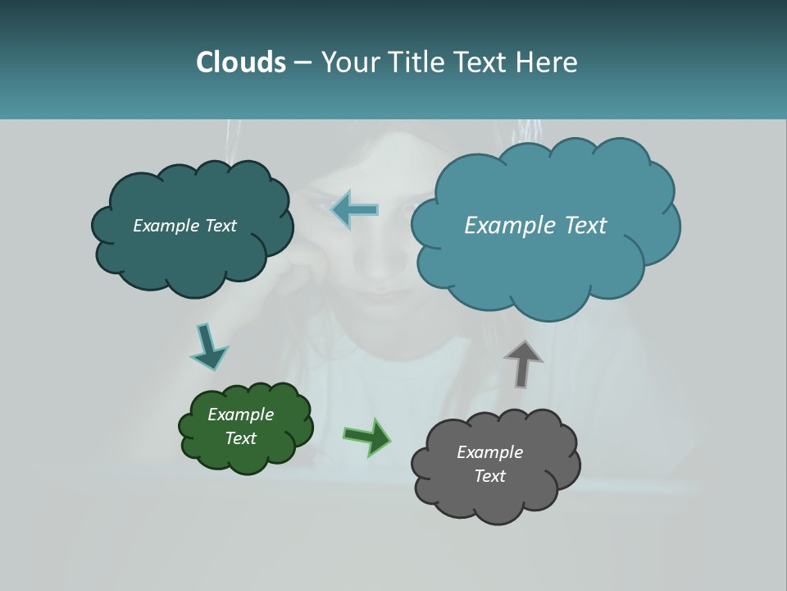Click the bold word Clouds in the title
[240, 62]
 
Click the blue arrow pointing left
[355, 209]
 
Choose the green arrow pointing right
[367, 437]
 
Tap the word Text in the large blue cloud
[580, 226]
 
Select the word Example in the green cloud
[240, 415]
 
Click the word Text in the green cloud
[240, 438]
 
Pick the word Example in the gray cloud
[489, 452]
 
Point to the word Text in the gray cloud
[489, 476]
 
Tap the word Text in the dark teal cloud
[221, 226]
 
